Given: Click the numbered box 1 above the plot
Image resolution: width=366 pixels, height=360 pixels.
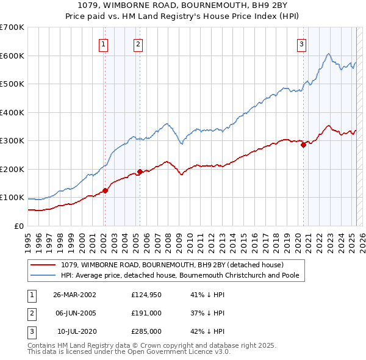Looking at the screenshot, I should (x=104, y=43).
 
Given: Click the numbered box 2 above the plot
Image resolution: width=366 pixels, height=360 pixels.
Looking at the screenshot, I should (x=139, y=43).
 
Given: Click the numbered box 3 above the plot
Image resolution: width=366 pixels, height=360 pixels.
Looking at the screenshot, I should (x=302, y=43).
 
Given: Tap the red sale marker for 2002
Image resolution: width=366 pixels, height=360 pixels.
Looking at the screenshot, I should (x=105, y=190).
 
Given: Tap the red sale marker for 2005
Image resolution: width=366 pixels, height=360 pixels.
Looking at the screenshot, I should (x=140, y=171).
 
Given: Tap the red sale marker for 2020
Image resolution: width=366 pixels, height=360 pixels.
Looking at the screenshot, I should (x=303, y=145).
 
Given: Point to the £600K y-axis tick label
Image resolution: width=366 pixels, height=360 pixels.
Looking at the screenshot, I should (x=12, y=56).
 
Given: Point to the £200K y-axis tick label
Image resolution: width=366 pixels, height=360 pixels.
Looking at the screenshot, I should (x=12, y=169).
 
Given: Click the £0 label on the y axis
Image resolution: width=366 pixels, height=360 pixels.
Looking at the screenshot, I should (x=18, y=226).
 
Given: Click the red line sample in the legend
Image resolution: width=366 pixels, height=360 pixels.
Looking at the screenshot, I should (x=43, y=265).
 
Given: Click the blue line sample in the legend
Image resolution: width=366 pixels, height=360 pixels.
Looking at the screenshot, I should (x=43, y=275).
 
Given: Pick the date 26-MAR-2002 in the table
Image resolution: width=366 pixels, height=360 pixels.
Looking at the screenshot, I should (x=74, y=295).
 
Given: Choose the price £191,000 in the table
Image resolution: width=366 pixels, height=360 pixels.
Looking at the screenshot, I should (x=146, y=313).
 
